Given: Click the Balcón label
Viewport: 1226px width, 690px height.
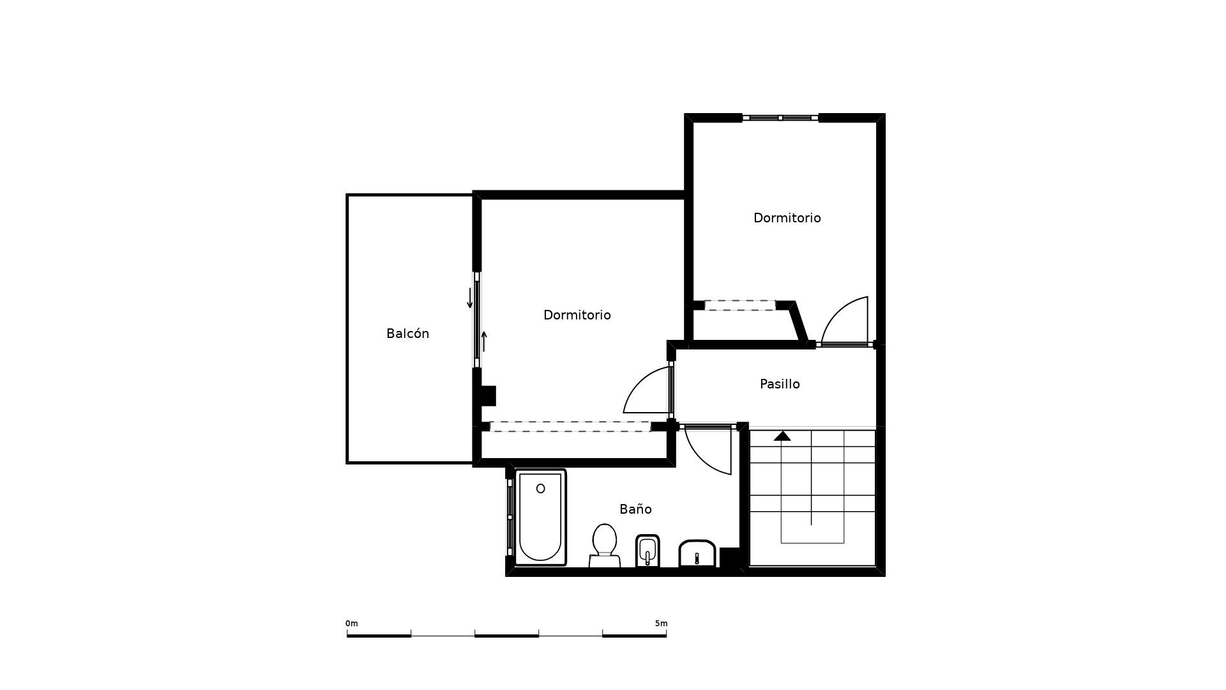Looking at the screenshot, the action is pyautogui.click(x=407, y=333).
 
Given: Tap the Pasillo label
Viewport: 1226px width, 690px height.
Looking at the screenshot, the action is pyautogui.click(x=780, y=384).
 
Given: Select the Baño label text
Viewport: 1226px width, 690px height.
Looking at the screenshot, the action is pyautogui.click(x=635, y=509).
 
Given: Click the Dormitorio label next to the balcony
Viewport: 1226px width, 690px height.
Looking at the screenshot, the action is pyautogui.click(x=577, y=315).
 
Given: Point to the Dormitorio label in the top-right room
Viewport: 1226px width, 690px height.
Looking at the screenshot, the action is pyautogui.click(x=787, y=218).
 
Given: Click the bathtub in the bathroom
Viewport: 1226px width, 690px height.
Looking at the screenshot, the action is pyautogui.click(x=540, y=517).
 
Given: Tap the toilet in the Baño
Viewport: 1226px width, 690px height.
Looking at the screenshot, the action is pyautogui.click(x=604, y=546).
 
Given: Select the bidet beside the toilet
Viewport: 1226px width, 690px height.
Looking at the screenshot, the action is pyautogui.click(x=647, y=551).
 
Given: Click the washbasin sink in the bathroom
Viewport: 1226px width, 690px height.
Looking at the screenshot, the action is pyautogui.click(x=697, y=553).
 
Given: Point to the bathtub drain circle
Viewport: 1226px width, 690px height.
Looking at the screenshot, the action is pyautogui.click(x=541, y=489).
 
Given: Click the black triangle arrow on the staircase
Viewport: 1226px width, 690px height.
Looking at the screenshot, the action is pyautogui.click(x=782, y=436).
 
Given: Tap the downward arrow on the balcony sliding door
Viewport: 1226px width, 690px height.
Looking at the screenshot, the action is pyautogui.click(x=470, y=298).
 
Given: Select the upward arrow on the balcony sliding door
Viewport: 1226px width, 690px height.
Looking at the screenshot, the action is pyautogui.click(x=484, y=341).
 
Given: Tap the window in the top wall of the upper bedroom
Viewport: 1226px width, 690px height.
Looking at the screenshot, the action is pyautogui.click(x=780, y=118).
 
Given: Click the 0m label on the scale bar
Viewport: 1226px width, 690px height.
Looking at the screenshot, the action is pyautogui.click(x=352, y=624).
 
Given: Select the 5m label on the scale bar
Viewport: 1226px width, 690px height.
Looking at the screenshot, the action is pyautogui.click(x=661, y=624).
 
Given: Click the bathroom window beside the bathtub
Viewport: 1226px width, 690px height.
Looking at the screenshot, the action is pyautogui.click(x=510, y=517).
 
